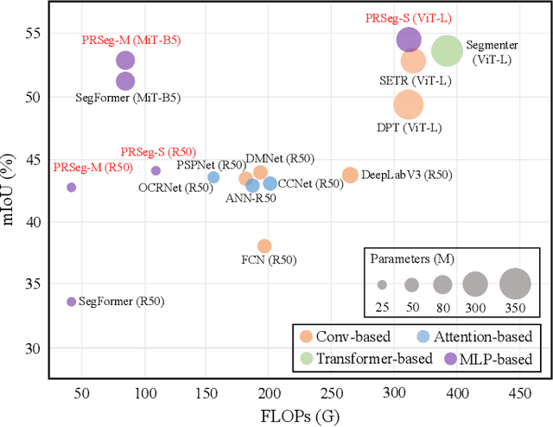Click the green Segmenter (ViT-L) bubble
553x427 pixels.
point(447,52)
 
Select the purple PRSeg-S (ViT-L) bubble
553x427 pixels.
point(409,39)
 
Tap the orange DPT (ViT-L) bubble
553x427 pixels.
point(409,105)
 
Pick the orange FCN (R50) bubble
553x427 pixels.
point(264,246)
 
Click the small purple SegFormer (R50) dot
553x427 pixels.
point(72,302)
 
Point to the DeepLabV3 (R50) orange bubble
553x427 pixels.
point(350,175)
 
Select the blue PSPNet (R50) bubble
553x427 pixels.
point(213,177)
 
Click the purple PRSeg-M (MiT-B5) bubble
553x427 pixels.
point(125,61)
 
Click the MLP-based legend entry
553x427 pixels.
point(493,357)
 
